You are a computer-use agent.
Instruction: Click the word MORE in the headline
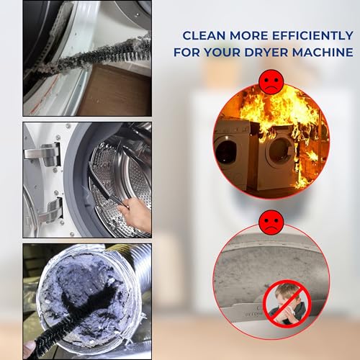pyautogui.click(x=244, y=35)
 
